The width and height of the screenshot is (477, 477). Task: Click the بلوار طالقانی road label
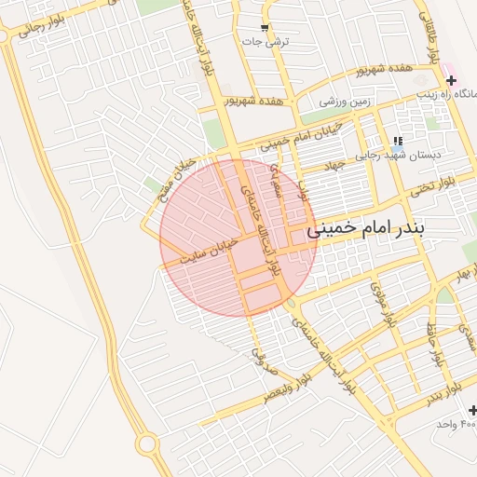tap(431, 37)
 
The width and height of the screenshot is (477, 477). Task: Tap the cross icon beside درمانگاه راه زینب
tap(452, 81)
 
